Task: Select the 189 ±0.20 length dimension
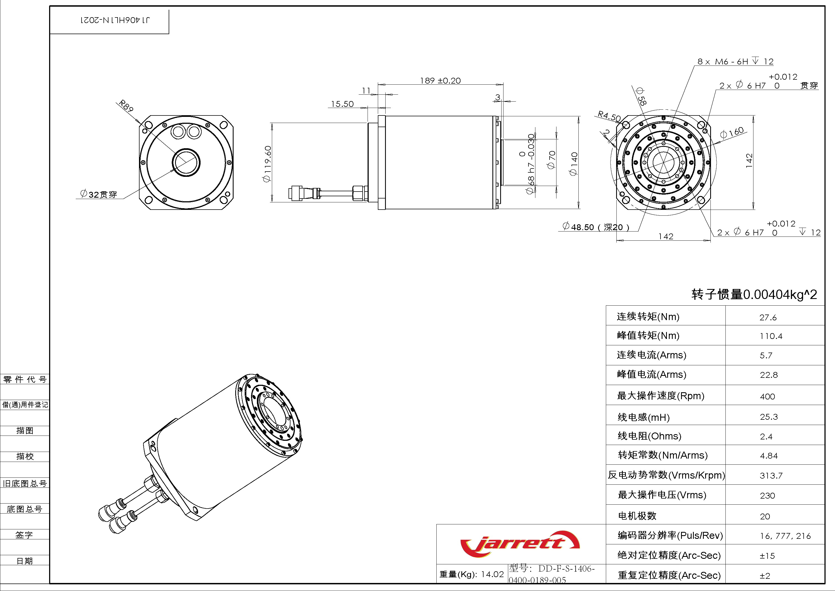pyautogui.click(x=440, y=81)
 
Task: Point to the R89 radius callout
pyautogui.click(x=126, y=105)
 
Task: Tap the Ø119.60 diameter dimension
pyautogui.click(x=267, y=164)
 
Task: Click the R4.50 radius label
pyautogui.click(x=609, y=116)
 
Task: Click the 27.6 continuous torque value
pyautogui.click(x=768, y=317)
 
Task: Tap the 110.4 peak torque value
pyautogui.click(x=771, y=336)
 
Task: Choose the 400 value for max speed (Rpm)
pyautogui.click(x=767, y=396)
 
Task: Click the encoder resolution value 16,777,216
pyautogui.click(x=785, y=536)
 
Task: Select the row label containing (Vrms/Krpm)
pyautogui.click(x=666, y=475)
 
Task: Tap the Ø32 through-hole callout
pyautogui.click(x=98, y=194)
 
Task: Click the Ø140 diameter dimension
pyautogui.click(x=573, y=164)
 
